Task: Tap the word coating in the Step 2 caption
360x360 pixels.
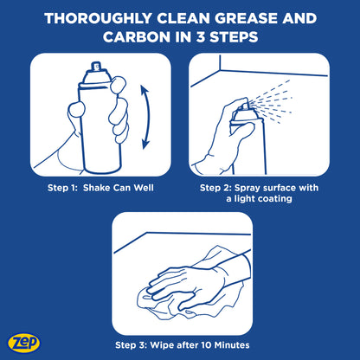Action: [273, 199]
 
